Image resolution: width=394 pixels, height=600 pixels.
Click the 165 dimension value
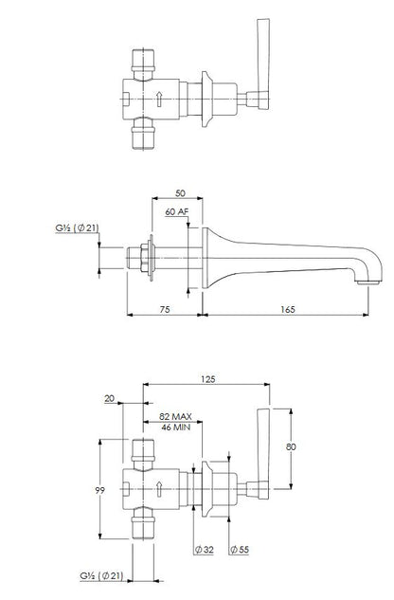(288, 309)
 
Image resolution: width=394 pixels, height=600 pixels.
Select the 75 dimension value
(165, 309)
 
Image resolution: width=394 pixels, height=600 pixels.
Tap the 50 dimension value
(180, 193)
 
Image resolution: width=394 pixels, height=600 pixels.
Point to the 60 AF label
(177, 211)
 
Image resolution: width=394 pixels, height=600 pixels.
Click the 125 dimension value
(208, 379)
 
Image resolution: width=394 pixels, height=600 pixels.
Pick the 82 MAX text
(175, 416)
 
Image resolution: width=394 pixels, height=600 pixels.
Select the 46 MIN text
(175, 427)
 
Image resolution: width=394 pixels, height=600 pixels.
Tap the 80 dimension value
(291, 446)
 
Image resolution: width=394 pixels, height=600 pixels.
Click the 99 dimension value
(99, 490)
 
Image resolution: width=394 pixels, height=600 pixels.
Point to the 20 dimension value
(110, 398)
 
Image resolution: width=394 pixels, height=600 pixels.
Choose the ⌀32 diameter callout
(204, 550)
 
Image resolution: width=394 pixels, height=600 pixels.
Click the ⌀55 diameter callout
(239, 550)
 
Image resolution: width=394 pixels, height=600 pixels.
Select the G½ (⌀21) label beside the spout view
(77, 228)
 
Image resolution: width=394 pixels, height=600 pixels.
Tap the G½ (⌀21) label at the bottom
(101, 575)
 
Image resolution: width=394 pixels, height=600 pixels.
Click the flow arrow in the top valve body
(159, 99)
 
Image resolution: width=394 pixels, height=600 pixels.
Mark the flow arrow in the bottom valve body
(159, 489)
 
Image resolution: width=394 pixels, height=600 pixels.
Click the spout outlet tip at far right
(367, 282)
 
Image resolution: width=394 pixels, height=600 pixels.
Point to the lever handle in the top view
(263, 64)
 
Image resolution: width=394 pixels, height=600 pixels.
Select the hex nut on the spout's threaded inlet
(145, 258)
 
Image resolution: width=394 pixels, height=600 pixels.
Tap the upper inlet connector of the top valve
(143, 61)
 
